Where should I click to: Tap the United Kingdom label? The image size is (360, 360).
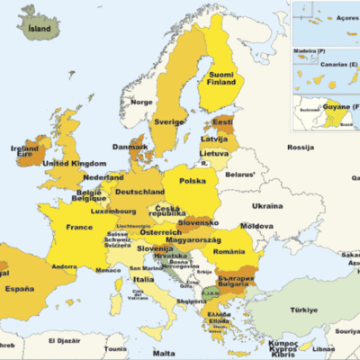(75, 164)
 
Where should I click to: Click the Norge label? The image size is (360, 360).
(142, 102)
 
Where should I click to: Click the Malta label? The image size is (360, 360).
(163, 353)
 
